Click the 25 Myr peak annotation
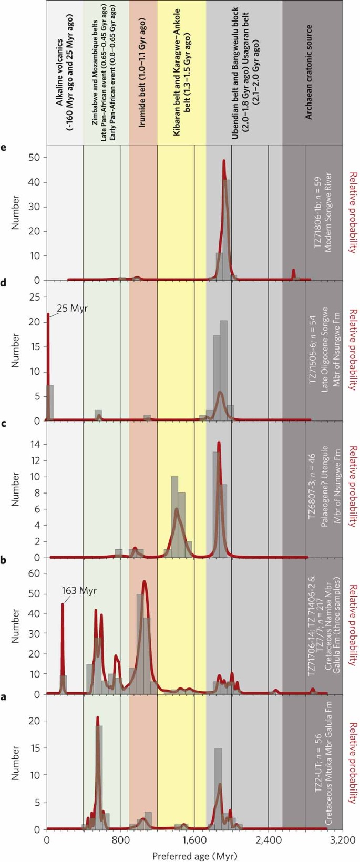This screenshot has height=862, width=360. pyautogui.click(x=72, y=309)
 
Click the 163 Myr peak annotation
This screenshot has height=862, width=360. pyautogui.click(x=79, y=591)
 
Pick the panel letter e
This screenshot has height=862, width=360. pyautogui.click(x=3, y=148)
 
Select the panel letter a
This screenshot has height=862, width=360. pyautogui.click(x=3, y=697)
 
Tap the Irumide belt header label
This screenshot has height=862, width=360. pyautogui.click(x=142, y=74)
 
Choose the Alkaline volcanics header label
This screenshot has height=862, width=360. pyautogui.click(x=65, y=74)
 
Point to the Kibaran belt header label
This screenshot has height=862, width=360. pyautogui.click(x=181, y=74)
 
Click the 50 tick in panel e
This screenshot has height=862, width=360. pyautogui.click(x=34, y=157)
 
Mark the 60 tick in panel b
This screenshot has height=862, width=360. pyautogui.click(x=34, y=573)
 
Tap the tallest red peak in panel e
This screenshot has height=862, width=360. pyautogui.click(x=224, y=161)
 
